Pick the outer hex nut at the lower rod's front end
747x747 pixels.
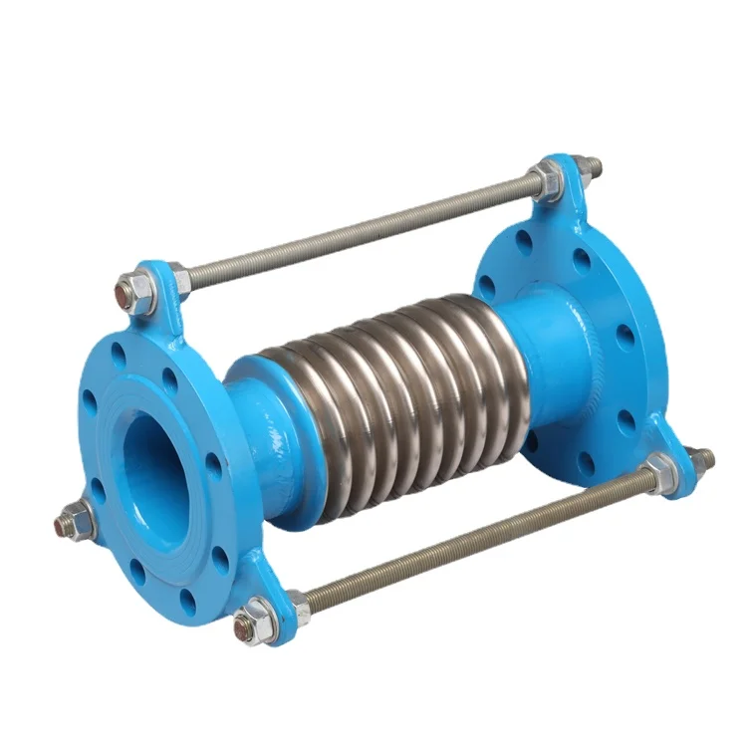coord(255,620)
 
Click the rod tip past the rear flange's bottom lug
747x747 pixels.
coord(703,458)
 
